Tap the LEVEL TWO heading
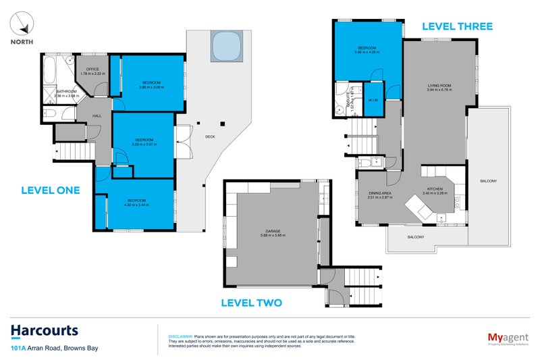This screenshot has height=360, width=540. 252,303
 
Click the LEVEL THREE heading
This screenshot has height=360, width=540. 457,26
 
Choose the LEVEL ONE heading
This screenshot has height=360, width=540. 51,190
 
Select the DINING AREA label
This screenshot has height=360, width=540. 380,194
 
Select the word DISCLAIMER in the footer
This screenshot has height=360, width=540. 180,336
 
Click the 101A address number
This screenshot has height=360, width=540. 18,348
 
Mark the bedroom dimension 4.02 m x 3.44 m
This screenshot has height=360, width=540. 137,205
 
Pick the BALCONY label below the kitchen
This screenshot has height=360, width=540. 416,237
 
